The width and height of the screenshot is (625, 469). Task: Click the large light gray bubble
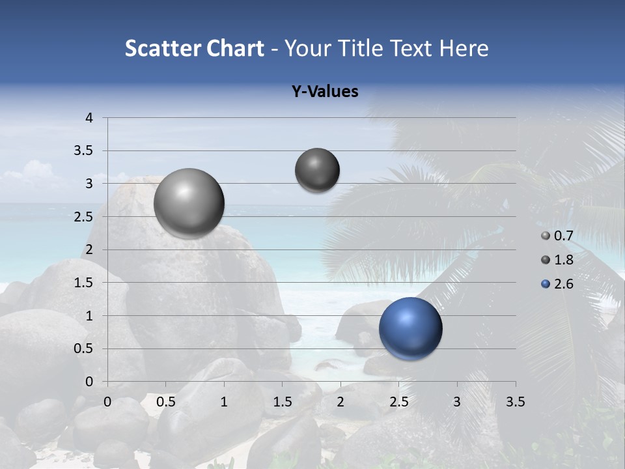(x=189, y=203)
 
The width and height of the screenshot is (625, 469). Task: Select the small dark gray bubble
(x=317, y=170)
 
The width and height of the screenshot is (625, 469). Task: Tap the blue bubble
(x=410, y=328)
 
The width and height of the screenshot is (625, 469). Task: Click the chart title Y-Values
(x=324, y=92)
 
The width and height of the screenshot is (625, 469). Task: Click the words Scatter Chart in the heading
(x=194, y=48)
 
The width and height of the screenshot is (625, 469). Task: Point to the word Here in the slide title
(x=464, y=48)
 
